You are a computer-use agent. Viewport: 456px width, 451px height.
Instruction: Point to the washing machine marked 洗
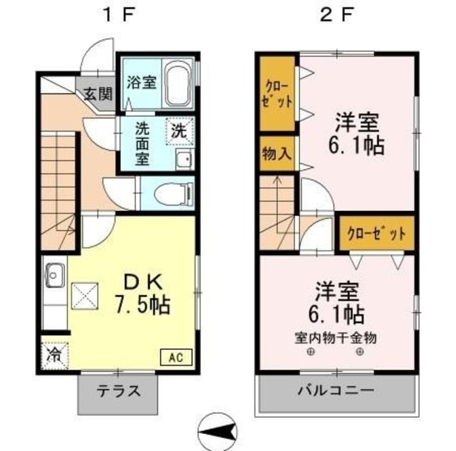point(179,130)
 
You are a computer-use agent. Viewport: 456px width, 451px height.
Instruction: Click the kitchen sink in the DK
point(55,273)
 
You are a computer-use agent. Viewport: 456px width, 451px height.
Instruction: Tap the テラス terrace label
point(118,392)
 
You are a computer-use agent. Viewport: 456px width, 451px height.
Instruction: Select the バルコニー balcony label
point(336,391)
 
